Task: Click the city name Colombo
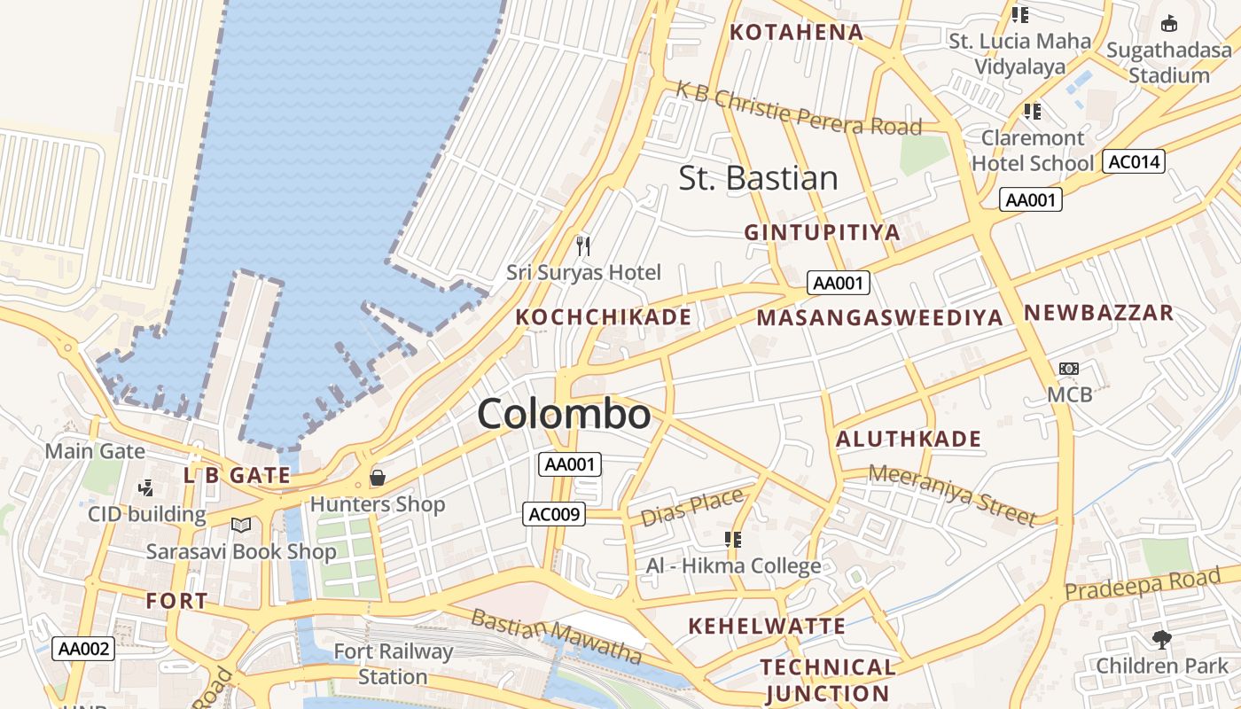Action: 564,415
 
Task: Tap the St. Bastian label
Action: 758,178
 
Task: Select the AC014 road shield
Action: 1133,161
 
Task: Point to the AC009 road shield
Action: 553,514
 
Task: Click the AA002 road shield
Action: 83,649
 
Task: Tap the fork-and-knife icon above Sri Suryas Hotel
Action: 582,245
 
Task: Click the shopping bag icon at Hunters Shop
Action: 378,479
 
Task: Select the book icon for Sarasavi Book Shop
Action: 240,525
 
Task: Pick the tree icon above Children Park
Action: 1161,638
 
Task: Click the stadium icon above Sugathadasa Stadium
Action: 1169,23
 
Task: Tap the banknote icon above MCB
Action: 1069,368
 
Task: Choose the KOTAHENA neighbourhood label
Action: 795,33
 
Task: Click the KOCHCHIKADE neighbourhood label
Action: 603,317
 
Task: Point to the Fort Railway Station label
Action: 393,664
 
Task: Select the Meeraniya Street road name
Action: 951,495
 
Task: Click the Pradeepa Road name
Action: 1142,584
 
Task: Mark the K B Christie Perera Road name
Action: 798,108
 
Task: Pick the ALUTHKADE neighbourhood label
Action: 909,440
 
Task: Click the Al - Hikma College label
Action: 733,566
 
